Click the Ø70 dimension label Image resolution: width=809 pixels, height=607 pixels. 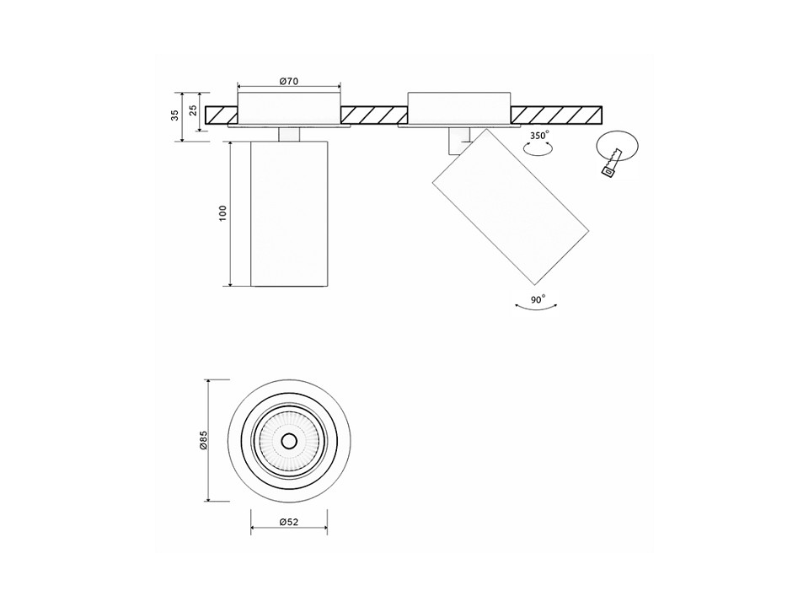click(x=289, y=81)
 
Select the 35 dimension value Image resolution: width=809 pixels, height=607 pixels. click(x=175, y=116)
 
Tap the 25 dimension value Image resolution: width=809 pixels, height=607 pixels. click(x=194, y=110)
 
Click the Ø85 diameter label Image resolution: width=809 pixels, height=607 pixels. click(x=203, y=440)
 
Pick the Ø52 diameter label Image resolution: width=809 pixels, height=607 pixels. click(x=289, y=523)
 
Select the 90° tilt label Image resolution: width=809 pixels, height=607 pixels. click(x=536, y=298)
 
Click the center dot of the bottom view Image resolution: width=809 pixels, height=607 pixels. click(x=289, y=441)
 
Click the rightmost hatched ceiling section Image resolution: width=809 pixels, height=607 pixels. click(x=556, y=115)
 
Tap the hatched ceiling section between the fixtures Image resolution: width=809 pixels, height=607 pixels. click(x=373, y=115)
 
